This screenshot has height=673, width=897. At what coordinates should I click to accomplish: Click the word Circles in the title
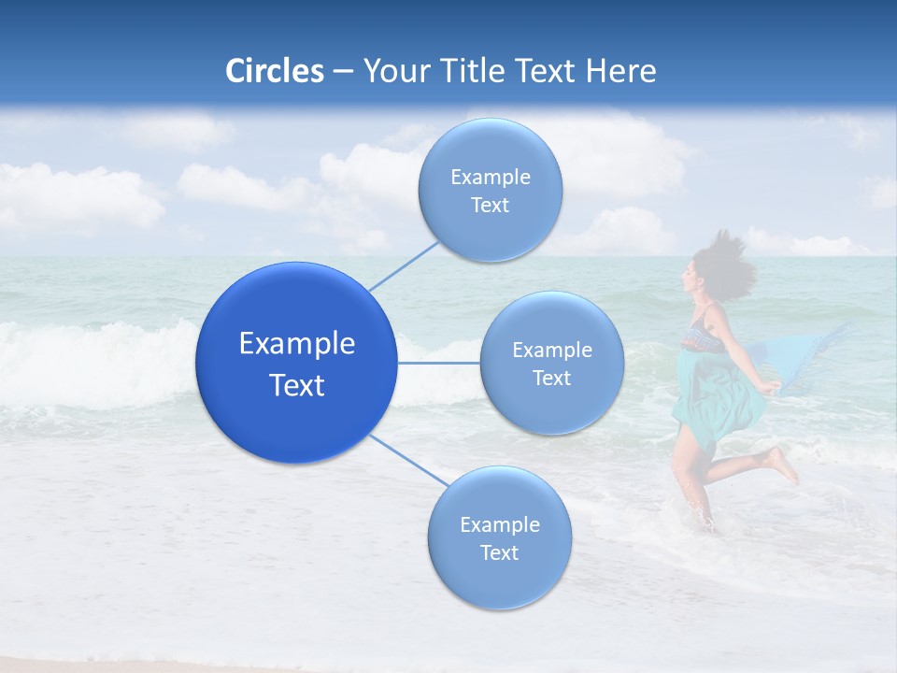274,71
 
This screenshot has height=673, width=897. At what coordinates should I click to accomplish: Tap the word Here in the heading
620,71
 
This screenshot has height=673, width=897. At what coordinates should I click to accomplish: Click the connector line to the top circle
404,265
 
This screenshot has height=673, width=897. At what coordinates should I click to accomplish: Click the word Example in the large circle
296,344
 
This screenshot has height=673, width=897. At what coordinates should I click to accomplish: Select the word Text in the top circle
490,206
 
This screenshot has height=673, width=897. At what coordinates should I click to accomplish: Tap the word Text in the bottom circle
499,553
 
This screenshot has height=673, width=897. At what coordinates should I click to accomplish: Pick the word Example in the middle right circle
551,351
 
